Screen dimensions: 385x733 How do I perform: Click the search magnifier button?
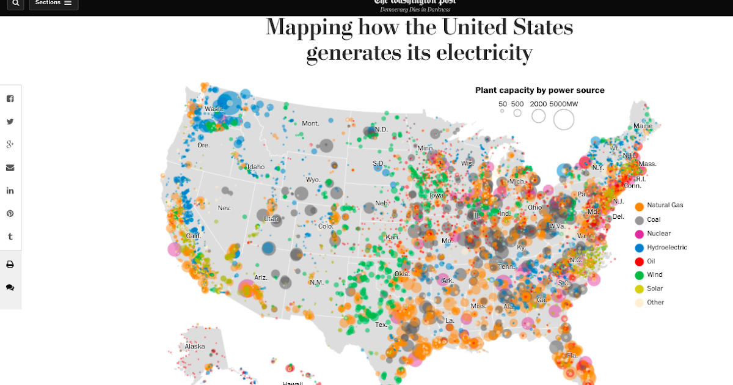15,3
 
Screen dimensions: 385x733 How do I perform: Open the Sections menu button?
53,3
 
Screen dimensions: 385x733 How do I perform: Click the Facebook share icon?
10,99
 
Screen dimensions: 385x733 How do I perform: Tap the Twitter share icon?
10,122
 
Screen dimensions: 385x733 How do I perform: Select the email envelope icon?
10,167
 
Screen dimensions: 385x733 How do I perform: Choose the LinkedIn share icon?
10,191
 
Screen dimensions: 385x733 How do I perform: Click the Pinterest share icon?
10,213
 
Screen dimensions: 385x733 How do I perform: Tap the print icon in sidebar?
10,265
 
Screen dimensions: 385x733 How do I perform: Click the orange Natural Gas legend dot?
639,206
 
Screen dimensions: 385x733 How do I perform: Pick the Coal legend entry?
654,219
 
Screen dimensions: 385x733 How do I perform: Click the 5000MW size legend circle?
564,119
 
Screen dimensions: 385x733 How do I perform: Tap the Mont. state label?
310,123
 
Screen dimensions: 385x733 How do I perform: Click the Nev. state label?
224,208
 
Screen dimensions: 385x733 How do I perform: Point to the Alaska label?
195,346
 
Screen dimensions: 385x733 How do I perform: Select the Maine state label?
643,126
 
